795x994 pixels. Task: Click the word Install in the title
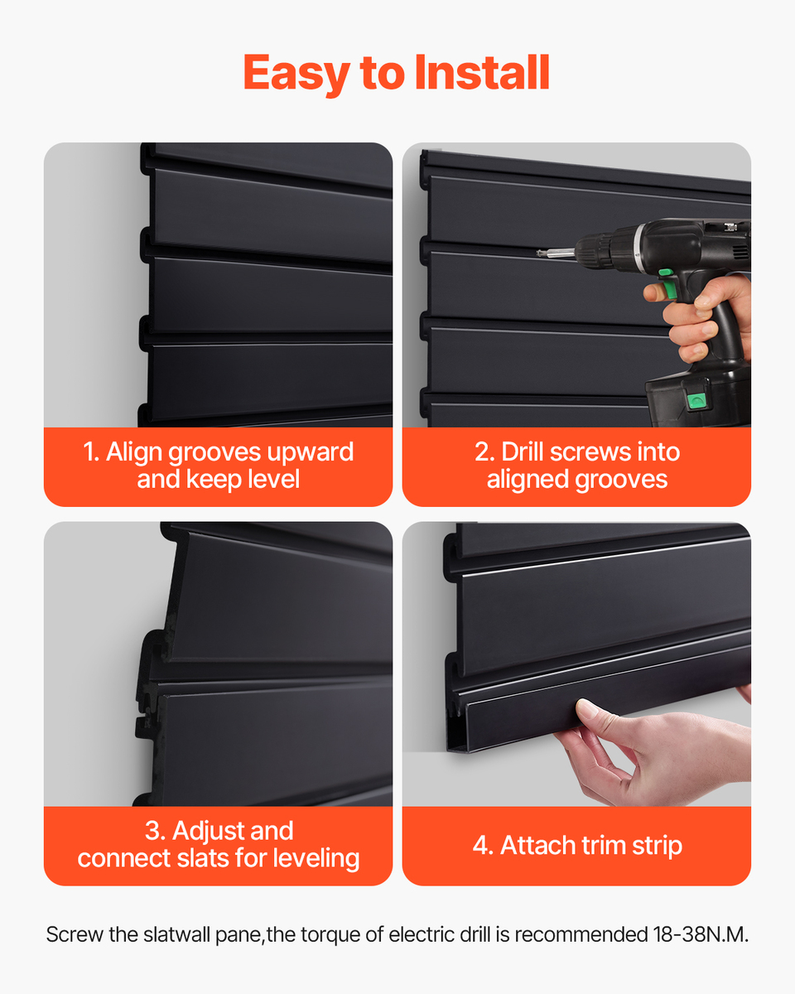482,73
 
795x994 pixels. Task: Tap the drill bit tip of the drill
539,253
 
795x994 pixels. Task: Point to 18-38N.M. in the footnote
701,935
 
